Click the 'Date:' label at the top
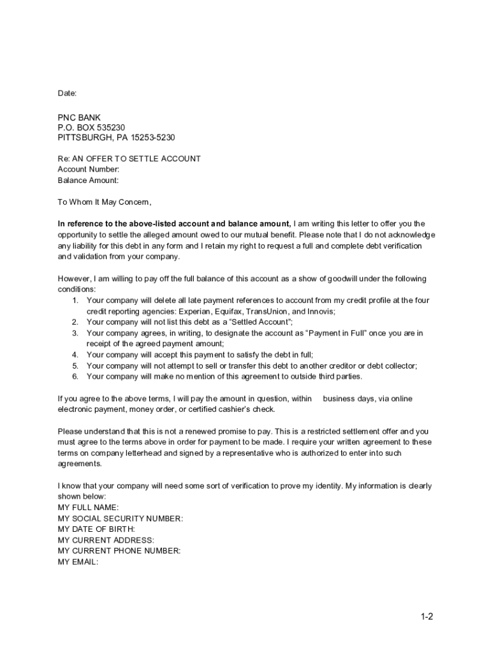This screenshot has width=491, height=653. pyautogui.click(x=67, y=93)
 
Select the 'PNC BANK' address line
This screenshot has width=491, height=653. pyautogui.click(x=79, y=118)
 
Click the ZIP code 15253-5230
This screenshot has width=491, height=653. pyautogui.click(x=153, y=138)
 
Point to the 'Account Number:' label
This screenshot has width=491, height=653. pyautogui.click(x=89, y=170)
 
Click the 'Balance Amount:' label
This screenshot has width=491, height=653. pyautogui.click(x=88, y=180)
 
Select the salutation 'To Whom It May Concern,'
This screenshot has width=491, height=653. pyautogui.click(x=105, y=202)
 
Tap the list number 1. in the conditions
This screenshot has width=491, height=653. pyautogui.click(x=75, y=300)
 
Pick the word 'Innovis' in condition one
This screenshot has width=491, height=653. pyautogui.click(x=320, y=311)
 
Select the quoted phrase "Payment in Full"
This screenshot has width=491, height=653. pyautogui.click(x=338, y=333)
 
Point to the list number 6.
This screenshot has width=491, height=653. pyautogui.click(x=75, y=376)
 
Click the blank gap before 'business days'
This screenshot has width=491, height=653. pyautogui.click(x=318, y=399)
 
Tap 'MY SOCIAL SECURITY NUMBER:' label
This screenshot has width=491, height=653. pyautogui.click(x=120, y=518)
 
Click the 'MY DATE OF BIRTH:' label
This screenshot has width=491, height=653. pyautogui.click(x=96, y=529)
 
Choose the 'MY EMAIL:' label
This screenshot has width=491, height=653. pyautogui.click(x=78, y=562)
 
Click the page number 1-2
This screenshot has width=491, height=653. pyautogui.click(x=427, y=617)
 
